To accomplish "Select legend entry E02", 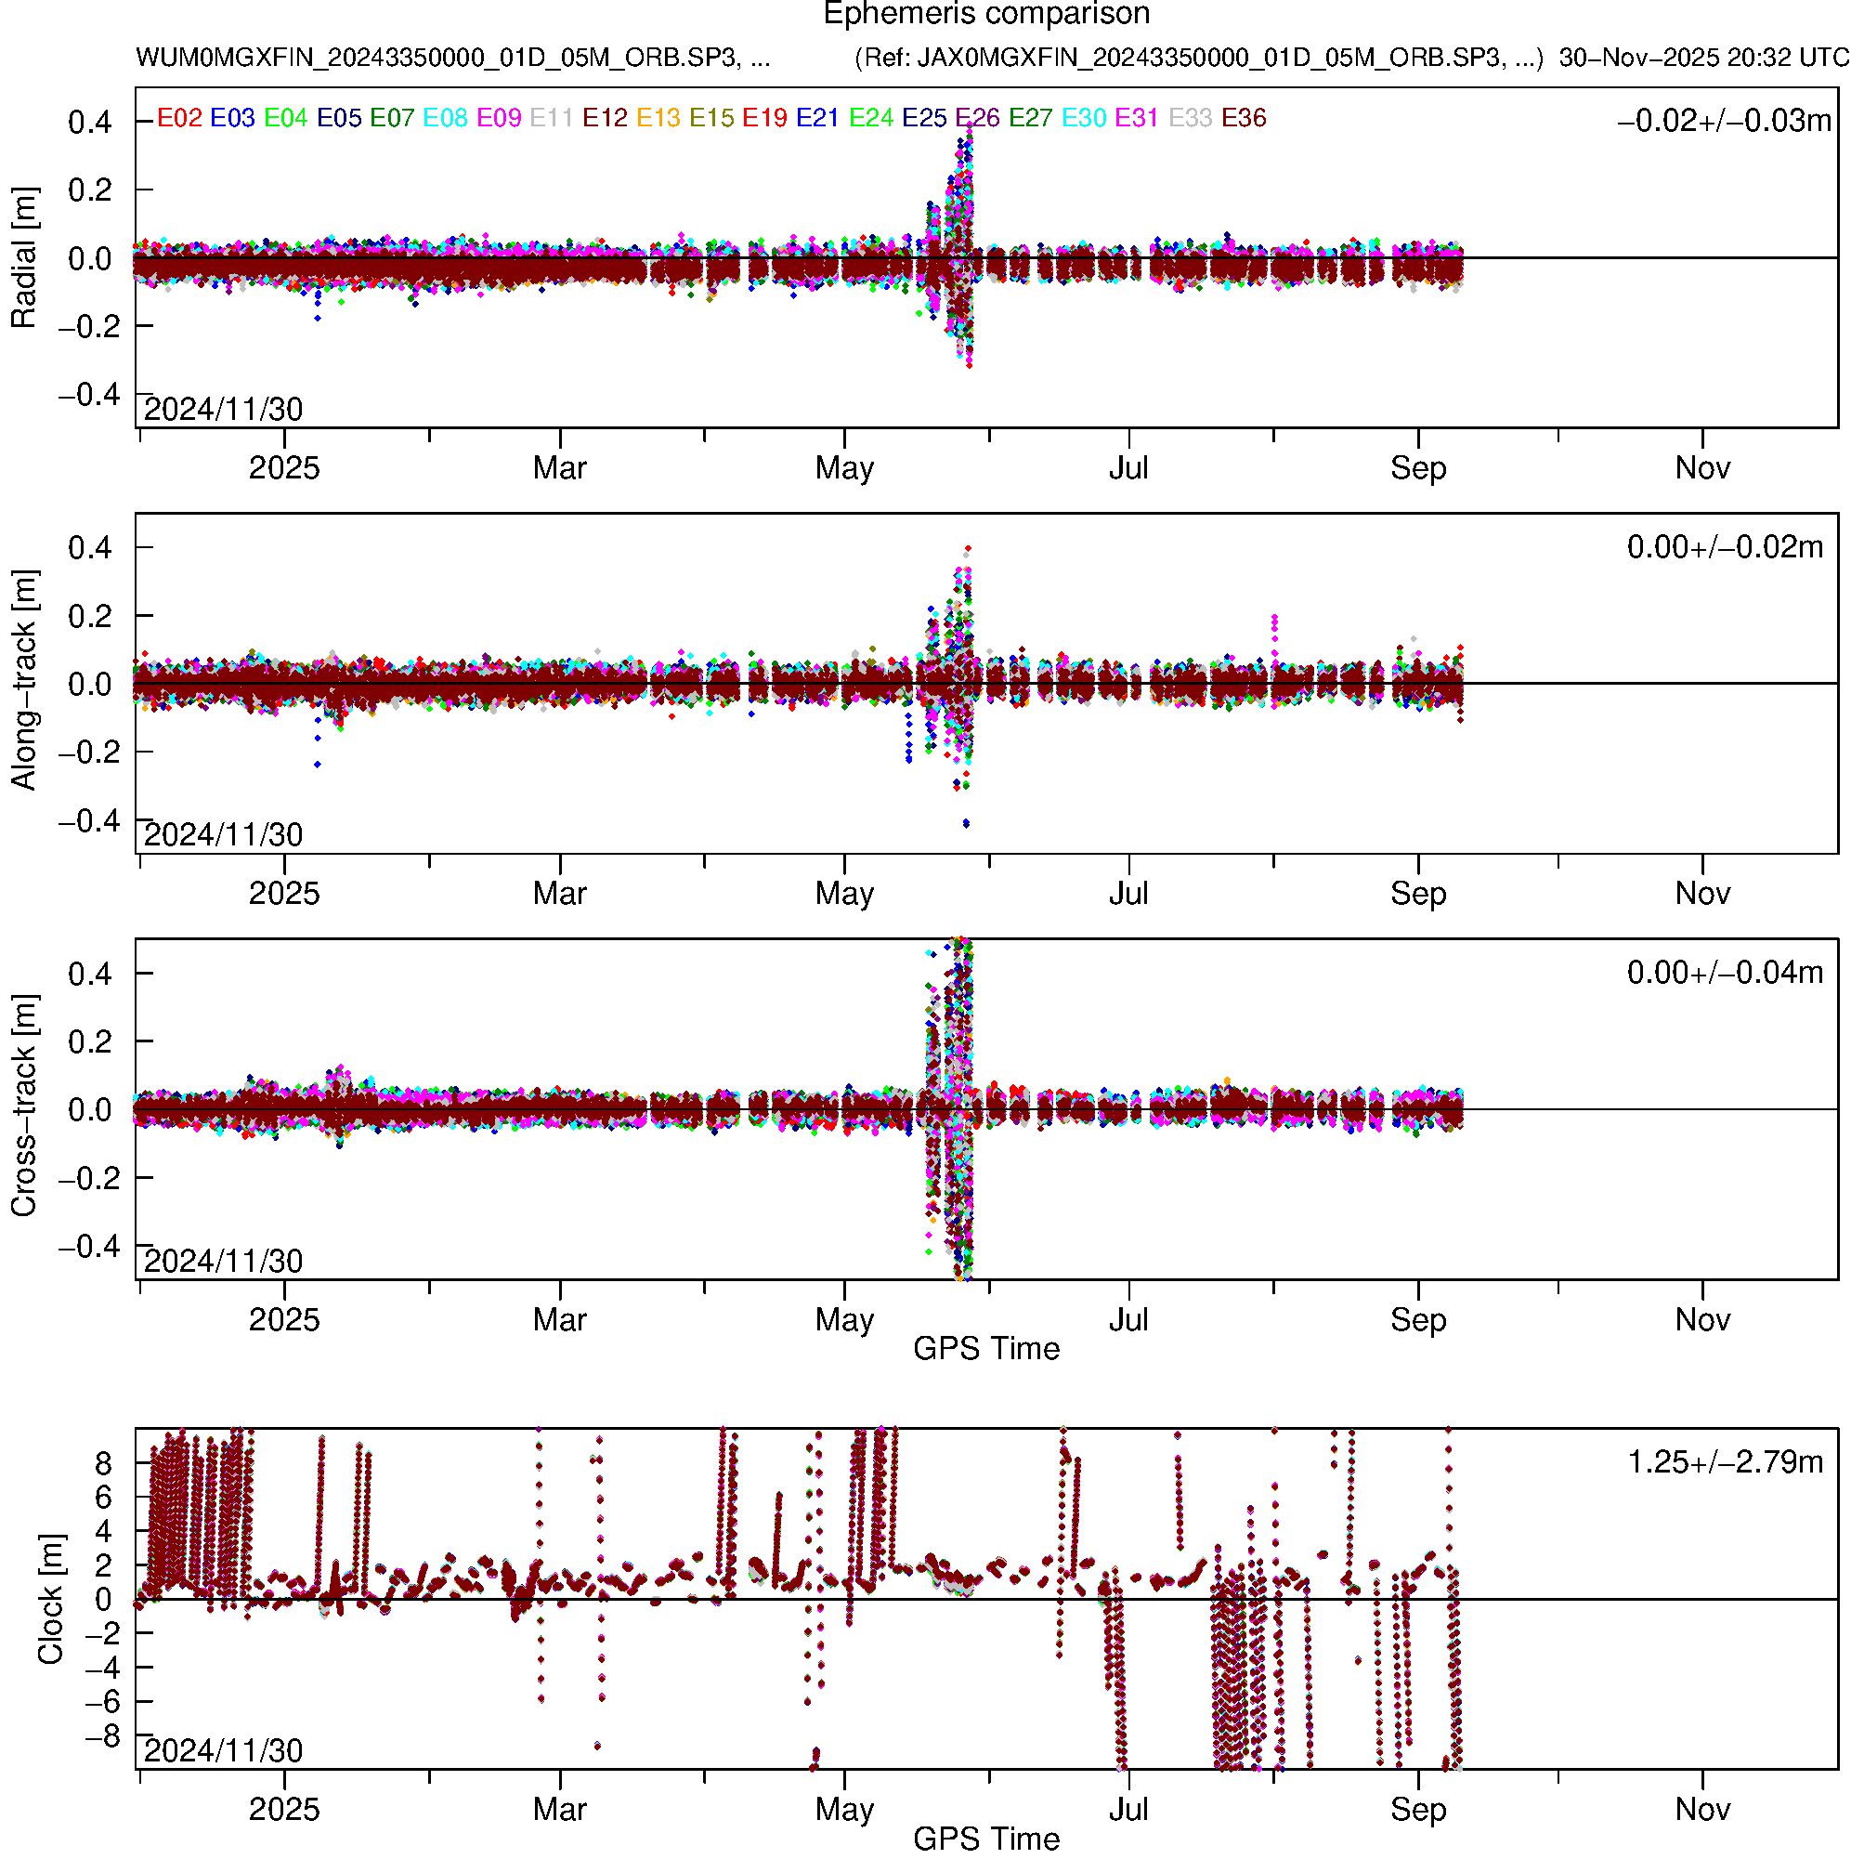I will coord(179,117).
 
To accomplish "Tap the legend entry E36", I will coord(1243,117).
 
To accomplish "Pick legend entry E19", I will coord(765,117).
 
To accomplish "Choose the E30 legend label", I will coord(1083,117).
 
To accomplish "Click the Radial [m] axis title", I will coord(23,258).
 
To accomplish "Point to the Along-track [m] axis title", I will coord(23,680).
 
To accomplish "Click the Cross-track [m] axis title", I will coord(23,1106).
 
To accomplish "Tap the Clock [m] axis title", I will coord(50,1598).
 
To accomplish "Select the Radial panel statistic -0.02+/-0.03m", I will coord(1724,120).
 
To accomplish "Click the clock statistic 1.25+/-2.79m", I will coord(1725,1461).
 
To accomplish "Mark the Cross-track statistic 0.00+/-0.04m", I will coord(1725,972).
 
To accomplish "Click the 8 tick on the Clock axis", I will coord(103,1463).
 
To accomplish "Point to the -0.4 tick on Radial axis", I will coord(88,395).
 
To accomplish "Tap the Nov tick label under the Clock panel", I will coord(1701,1809).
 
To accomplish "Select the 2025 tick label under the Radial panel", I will coord(284,467).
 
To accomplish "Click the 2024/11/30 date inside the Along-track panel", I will coord(223,834).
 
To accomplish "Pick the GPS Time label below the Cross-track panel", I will coord(986,1348).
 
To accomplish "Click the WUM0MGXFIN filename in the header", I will coord(452,58).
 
